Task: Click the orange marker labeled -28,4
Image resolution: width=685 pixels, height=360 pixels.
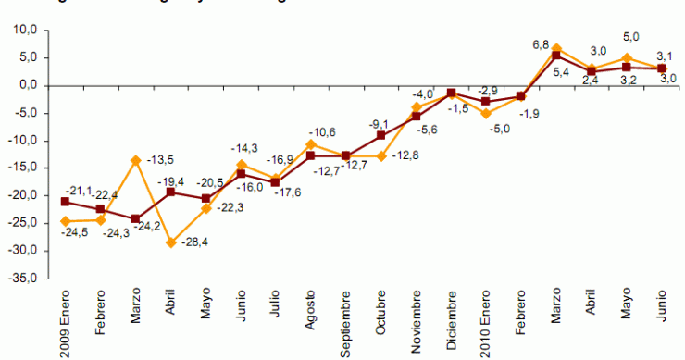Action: [x=170, y=242]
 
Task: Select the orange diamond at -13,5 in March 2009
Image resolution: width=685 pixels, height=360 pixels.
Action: [x=135, y=160]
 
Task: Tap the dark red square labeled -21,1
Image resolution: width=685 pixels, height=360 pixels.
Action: [x=65, y=202]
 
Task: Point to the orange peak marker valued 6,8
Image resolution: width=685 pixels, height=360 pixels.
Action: [x=556, y=48]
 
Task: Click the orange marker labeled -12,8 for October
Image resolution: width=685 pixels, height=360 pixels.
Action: [x=380, y=156]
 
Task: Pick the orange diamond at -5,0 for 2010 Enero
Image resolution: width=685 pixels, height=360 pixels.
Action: [x=486, y=113]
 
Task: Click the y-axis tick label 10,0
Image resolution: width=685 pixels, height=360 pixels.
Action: [x=21, y=30]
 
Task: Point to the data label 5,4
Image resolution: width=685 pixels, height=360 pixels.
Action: [x=561, y=72]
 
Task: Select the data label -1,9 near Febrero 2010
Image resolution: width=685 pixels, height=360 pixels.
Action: [x=529, y=113]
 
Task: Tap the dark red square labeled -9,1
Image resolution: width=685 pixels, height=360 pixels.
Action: [x=380, y=135]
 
